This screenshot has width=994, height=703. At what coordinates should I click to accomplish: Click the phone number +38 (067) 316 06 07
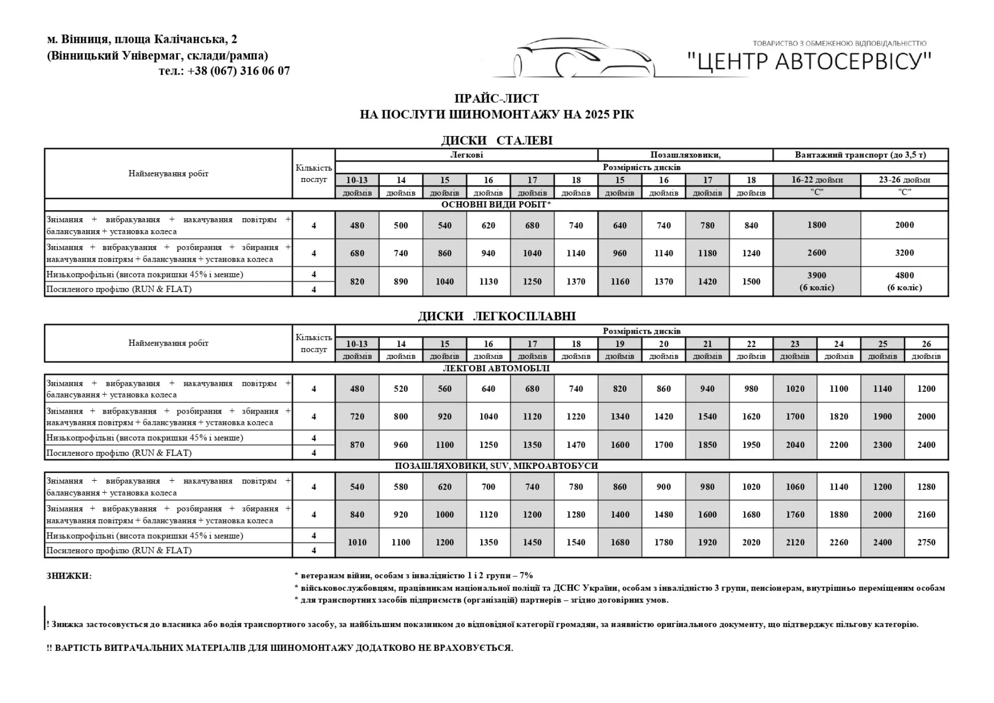coord(239,71)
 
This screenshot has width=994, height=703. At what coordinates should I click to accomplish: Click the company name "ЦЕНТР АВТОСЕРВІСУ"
coord(809,62)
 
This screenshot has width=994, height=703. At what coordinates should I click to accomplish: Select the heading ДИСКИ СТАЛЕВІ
coord(497,141)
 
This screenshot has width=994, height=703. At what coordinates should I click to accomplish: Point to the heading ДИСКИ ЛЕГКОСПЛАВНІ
coord(497,316)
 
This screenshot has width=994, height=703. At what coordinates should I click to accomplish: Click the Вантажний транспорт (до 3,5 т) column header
coord(860,155)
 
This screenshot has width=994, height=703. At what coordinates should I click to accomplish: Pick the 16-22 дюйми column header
coord(817,180)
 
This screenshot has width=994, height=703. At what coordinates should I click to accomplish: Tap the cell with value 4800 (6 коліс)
coord(904,281)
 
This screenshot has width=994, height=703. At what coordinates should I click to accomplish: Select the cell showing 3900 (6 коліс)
coord(817,281)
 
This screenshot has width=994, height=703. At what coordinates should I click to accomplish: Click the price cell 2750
coord(926,542)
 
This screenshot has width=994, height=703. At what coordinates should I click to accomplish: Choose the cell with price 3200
coord(904,253)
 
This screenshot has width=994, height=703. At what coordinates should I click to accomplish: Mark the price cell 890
coord(401,281)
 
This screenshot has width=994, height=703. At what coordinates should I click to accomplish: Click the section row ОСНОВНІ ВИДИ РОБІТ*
coord(496,205)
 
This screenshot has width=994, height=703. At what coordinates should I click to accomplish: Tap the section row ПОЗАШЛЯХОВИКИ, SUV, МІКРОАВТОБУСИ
coord(496,466)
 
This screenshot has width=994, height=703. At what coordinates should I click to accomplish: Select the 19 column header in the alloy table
coord(620,344)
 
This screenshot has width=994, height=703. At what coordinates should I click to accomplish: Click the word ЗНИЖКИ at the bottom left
coord(69,576)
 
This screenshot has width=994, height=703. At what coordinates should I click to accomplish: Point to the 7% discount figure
coord(526,576)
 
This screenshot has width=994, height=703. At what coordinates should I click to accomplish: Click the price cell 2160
coord(926,515)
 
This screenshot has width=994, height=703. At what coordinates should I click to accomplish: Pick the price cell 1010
coord(357,542)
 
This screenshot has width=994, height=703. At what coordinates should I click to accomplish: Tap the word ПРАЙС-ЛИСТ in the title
coord(497,98)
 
